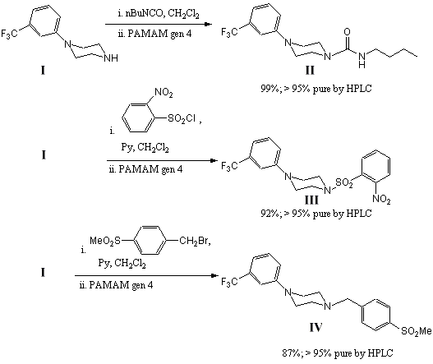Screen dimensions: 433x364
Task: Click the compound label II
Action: [x=310, y=71]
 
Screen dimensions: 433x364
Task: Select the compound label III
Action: [x=311, y=200]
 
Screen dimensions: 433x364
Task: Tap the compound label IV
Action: [x=316, y=328]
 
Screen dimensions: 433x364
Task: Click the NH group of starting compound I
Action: [x=111, y=58]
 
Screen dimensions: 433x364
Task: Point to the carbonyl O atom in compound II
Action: [x=347, y=32]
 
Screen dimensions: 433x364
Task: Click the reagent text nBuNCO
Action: [x=145, y=13]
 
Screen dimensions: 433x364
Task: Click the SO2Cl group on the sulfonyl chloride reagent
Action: [x=182, y=119]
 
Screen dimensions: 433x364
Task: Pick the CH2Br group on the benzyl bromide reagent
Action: [x=194, y=241]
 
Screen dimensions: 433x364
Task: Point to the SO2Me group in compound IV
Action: [x=416, y=331]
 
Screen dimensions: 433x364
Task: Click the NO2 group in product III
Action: [x=381, y=199]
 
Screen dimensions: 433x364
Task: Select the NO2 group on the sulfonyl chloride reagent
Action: [x=164, y=92]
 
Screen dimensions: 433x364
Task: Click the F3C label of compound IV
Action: [x=229, y=282]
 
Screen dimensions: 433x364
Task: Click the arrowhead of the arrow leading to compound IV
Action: [x=214, y=275]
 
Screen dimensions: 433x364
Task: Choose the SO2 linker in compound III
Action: [x=344, y=182]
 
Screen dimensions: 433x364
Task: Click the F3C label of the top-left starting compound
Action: [x=9, y=34]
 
